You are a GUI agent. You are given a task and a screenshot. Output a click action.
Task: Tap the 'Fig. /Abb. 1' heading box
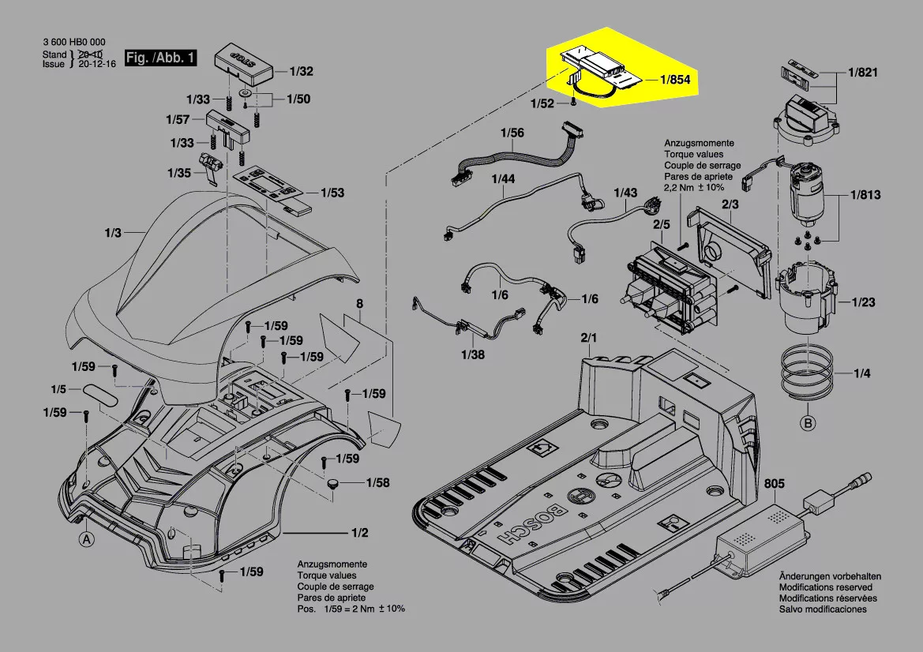pos(161,58)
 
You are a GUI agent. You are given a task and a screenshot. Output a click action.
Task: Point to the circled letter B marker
pos(808,424)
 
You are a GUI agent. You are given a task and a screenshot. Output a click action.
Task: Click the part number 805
pos(775,484)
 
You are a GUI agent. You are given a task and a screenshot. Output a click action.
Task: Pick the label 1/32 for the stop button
pos(302,71)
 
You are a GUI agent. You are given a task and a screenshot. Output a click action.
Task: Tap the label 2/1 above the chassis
pos(589,338)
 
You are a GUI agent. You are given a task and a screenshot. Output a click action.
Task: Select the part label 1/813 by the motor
pos(865,195)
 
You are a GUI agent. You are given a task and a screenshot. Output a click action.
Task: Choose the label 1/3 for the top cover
pos(113,233)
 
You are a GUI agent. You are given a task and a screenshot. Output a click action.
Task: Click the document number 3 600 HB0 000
pos(74,43)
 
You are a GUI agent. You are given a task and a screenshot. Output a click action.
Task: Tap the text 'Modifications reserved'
pos(826,587)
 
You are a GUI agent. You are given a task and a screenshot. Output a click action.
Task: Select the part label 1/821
pos(863,72)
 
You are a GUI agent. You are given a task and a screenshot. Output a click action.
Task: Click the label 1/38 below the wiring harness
pos(472,354)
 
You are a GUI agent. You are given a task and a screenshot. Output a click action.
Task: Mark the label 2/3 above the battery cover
pos(730,204)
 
